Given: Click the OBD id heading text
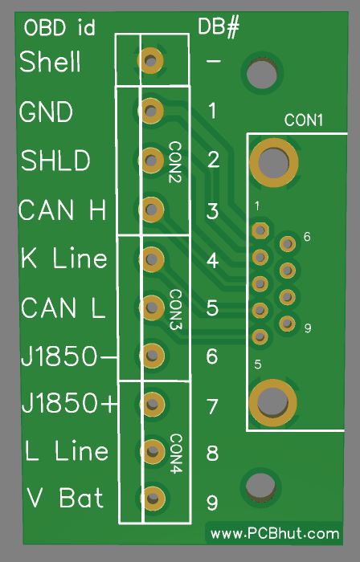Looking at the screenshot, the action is click(x=59, y=27).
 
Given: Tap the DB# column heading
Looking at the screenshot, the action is click(x=219, y=26).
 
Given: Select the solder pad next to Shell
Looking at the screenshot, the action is click(x=150, y=60).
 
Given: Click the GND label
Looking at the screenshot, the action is click(x=46, y=112).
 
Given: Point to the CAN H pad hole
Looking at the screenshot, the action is click(x=151, y=209).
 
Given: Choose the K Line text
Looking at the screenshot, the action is click(x=63, y=258).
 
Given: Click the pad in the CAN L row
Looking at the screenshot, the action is click(x=152, y=307).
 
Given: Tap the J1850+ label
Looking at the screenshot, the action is click(x=69, y=403).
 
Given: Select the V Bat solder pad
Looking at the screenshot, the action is click(x=153, y=499).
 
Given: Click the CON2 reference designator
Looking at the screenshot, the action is click(x=175, y=162).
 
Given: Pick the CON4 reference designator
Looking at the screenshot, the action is click(x=176, y=454).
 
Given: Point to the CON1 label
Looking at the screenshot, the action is click(x=303, y=120).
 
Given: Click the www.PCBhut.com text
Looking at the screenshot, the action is click(x=275, y=534).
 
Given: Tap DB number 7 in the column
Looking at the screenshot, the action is click(x=212, y=407).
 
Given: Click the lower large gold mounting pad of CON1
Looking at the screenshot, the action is click(x=273, y=403).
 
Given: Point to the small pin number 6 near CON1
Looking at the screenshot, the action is click(x=307, y=237).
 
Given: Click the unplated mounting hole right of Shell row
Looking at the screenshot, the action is click(x=262, y=75).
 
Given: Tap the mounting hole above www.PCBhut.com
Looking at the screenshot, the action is click(x=260, y=487).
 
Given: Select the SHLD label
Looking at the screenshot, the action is click(x=55, y=161).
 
